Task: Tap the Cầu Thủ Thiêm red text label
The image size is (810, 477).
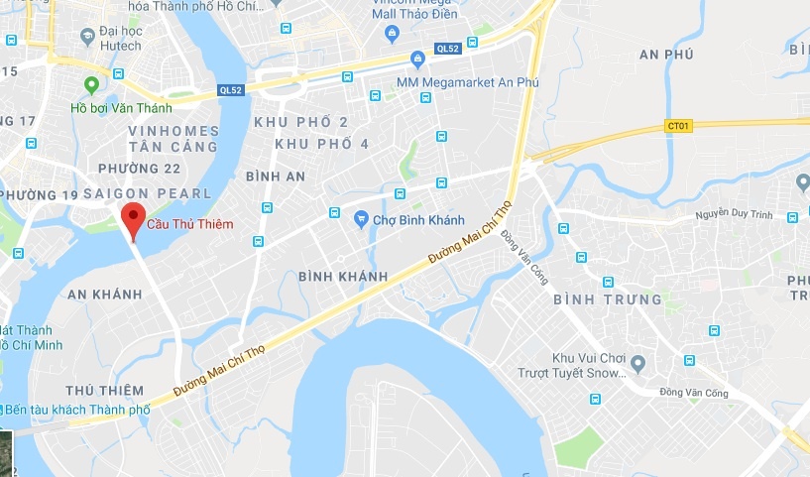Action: (x=190, y=224)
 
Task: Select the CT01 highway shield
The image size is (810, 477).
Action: (x=678, y=126)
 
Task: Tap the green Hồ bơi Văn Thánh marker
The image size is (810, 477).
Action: (x=92, y=85)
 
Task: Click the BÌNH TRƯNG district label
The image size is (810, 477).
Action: (x=607, y=299)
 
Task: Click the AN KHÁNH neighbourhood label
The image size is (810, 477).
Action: (x=105, y=295)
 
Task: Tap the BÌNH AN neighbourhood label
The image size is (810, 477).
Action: (x=276, y=176)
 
